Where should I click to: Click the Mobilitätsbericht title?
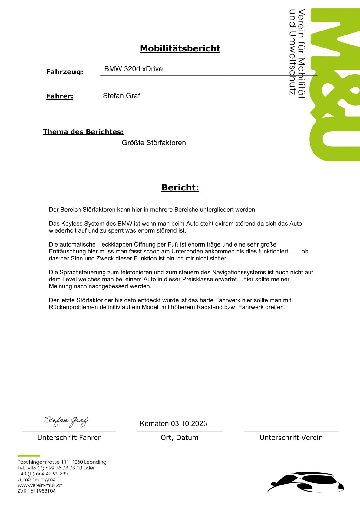180,48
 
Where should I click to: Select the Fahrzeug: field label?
65,72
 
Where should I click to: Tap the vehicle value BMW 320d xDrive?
133,69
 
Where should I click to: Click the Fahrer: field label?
60,96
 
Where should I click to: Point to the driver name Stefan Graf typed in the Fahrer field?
121,96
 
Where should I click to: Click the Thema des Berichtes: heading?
83,132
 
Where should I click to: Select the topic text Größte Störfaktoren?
154,143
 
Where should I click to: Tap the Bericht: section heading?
180,187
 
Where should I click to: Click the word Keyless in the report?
72,224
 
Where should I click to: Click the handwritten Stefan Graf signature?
66,421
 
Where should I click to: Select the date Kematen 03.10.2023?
173,423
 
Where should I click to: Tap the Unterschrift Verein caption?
291,438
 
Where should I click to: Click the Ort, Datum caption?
180,438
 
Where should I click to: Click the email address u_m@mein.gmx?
36,479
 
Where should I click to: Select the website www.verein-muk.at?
40,485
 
